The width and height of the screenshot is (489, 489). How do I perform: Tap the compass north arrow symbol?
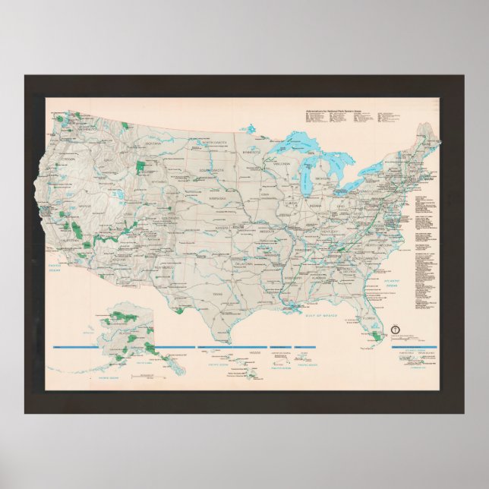pyautogui.click(x=394, y=330)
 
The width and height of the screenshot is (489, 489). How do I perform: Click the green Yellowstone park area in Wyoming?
pyautogui.click(x=140, y=166)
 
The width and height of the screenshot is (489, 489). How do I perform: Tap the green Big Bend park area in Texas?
pyautogui.click(x=180, y=310)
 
